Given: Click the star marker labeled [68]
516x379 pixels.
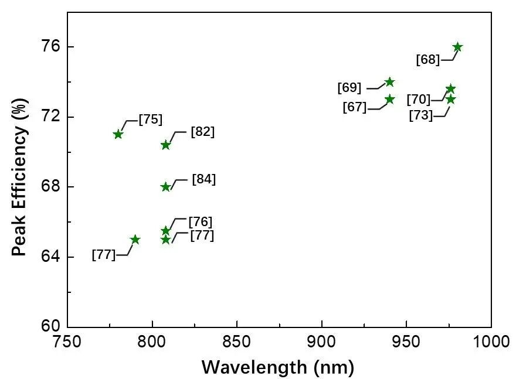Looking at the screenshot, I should pos(457,47).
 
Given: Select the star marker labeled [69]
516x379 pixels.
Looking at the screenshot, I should pos(389,82).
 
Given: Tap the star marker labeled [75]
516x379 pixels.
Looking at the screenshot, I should pos(118,134).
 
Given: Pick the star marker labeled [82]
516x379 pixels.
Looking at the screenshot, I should pos(165,145).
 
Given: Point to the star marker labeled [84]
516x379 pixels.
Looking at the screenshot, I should pos(165,187).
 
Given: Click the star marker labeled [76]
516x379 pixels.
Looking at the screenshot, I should pos(165,231).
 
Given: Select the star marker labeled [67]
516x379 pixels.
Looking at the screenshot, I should pos(390,100).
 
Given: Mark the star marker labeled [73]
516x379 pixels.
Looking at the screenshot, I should pos(450,100).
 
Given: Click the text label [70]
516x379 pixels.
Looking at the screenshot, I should pos(418,100).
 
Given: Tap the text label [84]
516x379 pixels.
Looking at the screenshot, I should pos(204,179).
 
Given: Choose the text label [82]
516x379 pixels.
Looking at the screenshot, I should pos(203,132).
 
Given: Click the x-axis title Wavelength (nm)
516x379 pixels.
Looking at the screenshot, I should pos(278,367).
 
